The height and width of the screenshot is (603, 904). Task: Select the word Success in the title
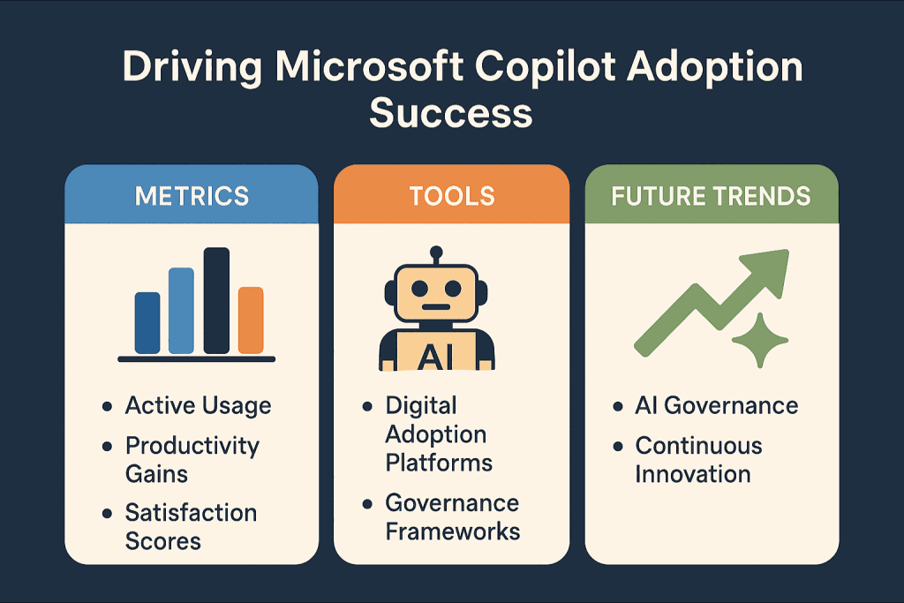451,113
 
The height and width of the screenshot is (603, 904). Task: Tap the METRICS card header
192,196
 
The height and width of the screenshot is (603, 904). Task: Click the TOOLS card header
451,196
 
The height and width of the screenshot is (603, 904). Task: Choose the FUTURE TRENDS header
712,196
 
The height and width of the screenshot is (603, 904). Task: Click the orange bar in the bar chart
251,320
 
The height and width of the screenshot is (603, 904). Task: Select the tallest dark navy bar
216,301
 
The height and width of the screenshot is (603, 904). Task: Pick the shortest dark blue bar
147,323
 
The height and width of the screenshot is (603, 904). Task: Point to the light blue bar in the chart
181,311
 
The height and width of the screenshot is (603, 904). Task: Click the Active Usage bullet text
198,405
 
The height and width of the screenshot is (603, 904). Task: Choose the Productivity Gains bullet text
192,459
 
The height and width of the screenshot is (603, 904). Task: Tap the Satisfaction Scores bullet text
191,526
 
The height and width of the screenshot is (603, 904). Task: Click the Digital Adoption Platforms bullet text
438,433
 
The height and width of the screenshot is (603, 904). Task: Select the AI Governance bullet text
716,405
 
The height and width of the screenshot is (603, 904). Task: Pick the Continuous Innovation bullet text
698,459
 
